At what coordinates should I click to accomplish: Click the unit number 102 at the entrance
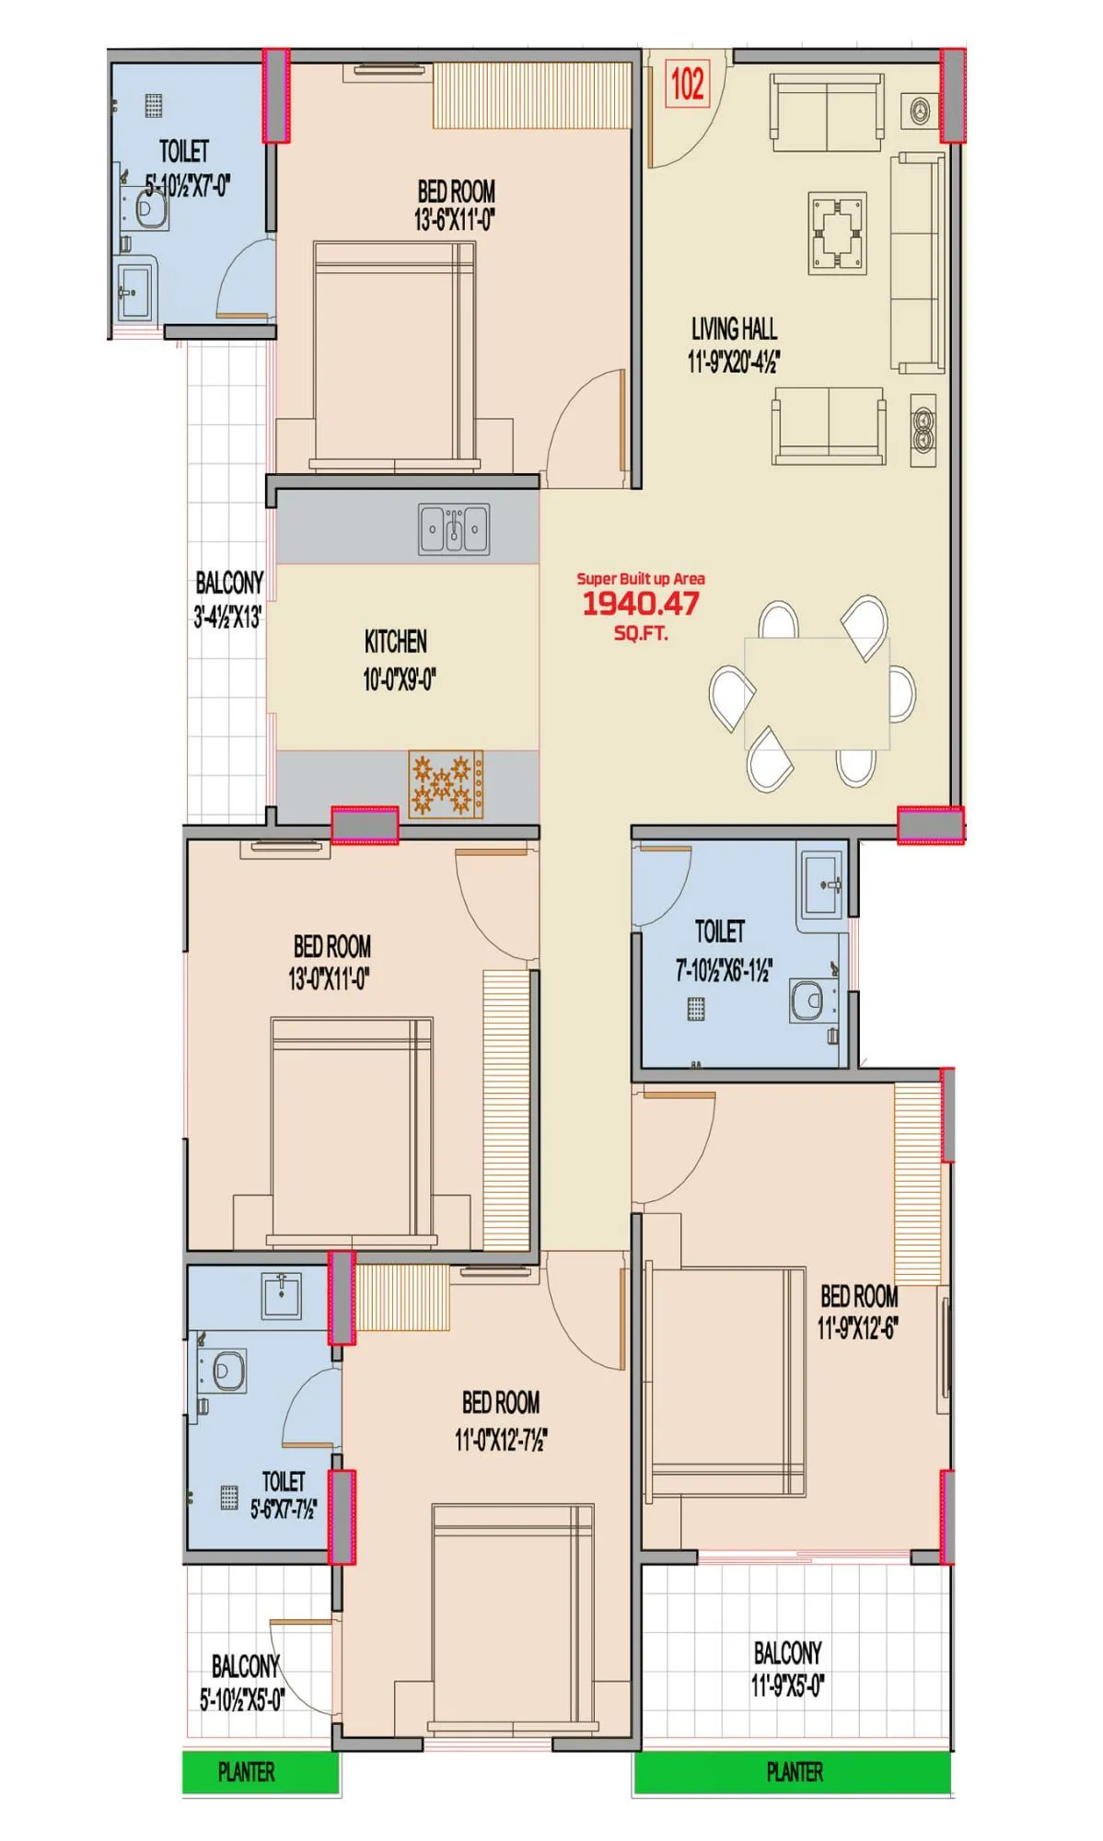point(688,84)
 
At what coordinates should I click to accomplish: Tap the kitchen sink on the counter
point(454,529)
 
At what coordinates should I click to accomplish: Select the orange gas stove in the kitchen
point(446,784)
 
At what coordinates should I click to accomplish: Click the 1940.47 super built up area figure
point(641,604)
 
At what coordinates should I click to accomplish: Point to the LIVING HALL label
point(734,330)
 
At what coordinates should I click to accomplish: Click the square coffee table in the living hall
point(838,233)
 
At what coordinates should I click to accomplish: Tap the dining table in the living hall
point(817,692)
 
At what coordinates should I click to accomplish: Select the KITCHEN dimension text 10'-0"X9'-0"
point(399,680)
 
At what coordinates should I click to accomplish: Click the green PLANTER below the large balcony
point(793,1772)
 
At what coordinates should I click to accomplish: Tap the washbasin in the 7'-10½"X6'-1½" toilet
point(821,886)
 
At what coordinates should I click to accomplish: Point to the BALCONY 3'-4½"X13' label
point(228,599)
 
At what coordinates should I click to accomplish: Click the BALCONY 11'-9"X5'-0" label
point(787,1669)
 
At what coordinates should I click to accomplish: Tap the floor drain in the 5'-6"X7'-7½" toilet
point(229,1498)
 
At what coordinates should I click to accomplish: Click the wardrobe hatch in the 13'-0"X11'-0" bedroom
point(506,1108)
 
